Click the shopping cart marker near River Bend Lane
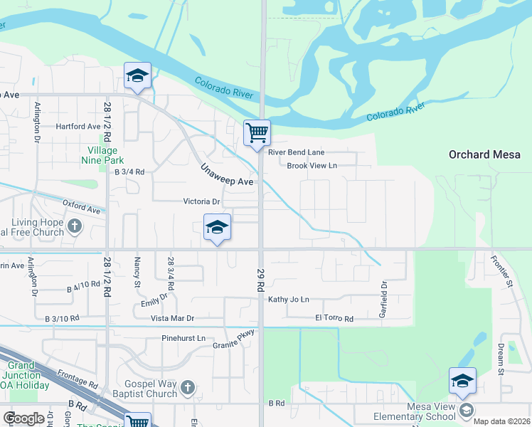click(x=257, y=133)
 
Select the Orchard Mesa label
click(x=484, y=154)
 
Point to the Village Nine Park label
click(x=106, y=155)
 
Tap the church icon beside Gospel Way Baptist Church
click(x=187, y=387)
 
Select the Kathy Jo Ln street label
click(x=289, y=300)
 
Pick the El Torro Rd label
click(x=334, y=319)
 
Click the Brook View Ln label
click(x=312, y=166)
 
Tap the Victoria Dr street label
click(x=203, y=201)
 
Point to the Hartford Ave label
click(x=78, y=127)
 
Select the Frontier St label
click(x=504, y=268)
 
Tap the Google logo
click(x=24, y=418)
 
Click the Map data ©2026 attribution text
click(x=501, y=421)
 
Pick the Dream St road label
click(x=501, y=359)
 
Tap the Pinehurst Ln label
click(x=183, y=338)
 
